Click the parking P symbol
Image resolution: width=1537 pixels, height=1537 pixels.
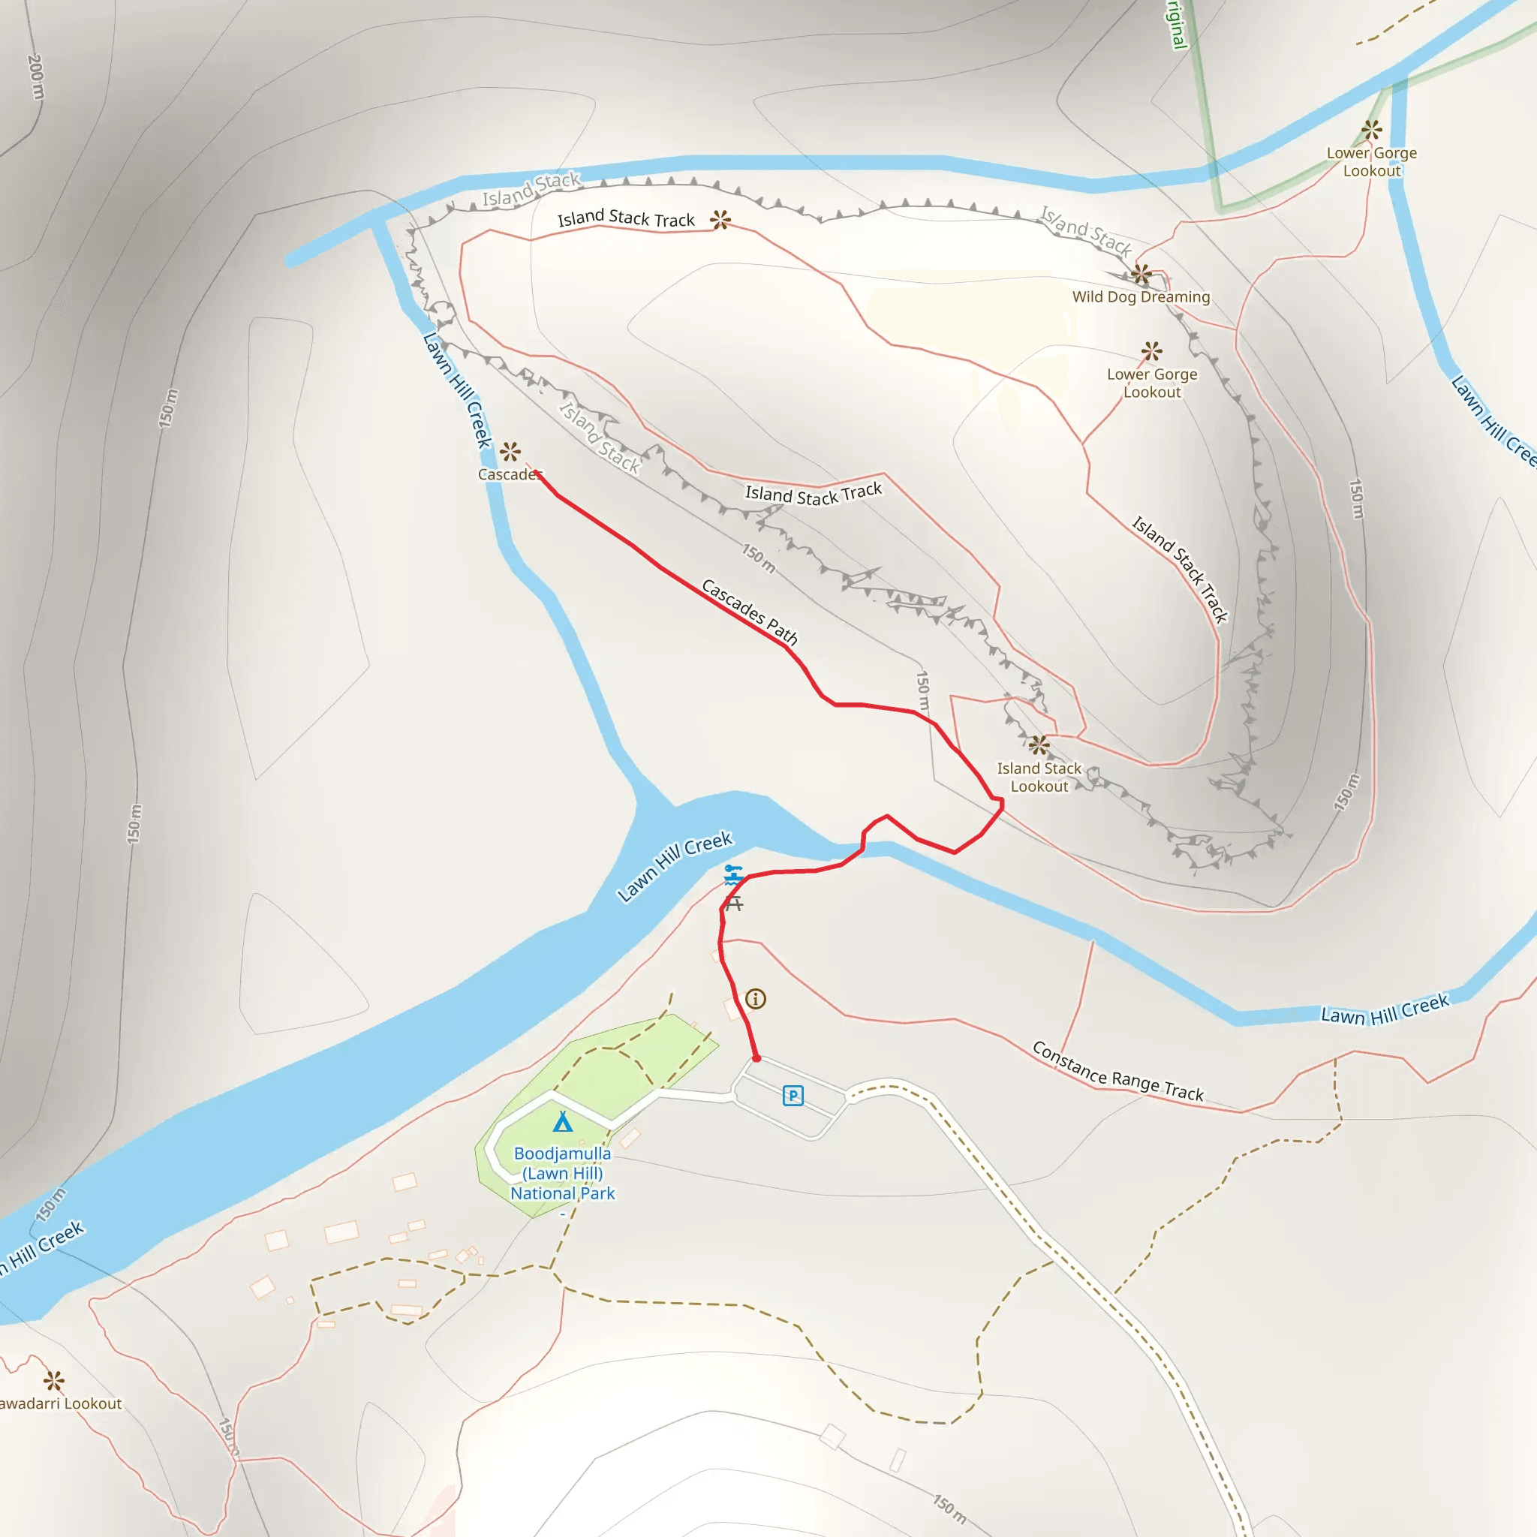[x=793, y=1096]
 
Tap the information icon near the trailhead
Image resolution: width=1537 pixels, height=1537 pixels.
[x=756, y=998]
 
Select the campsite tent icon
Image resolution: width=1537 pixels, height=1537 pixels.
[x=562, y=1122]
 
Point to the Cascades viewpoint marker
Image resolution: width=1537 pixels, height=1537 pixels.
[x=510, y=452]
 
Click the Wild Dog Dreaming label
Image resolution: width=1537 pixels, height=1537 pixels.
[x=1141, y=296]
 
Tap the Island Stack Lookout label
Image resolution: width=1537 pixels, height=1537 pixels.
[x=1039, y=778]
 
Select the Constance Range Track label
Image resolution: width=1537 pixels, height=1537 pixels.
[x=1117, y=1071]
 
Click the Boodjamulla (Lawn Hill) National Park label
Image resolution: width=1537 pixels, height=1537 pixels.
[x=562, y=1173]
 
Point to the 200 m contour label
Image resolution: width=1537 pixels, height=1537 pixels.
[x=36, y=77]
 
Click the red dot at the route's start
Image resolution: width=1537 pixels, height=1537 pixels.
[x=756, y=1059]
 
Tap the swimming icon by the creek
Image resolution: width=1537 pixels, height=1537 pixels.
[x=732, y=875]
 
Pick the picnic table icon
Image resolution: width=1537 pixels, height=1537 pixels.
[x=734, y=904]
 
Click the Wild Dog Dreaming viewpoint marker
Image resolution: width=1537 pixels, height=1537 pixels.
[x=1141, y=274]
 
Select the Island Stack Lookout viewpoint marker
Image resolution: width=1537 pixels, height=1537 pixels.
[x=1039, y=745]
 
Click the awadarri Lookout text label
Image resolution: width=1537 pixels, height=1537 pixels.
[x=61, y=1403]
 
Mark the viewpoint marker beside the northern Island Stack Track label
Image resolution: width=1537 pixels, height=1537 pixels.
[x=720, y=220]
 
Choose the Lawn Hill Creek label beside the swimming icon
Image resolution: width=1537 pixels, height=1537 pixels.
[x=675, y=866]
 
